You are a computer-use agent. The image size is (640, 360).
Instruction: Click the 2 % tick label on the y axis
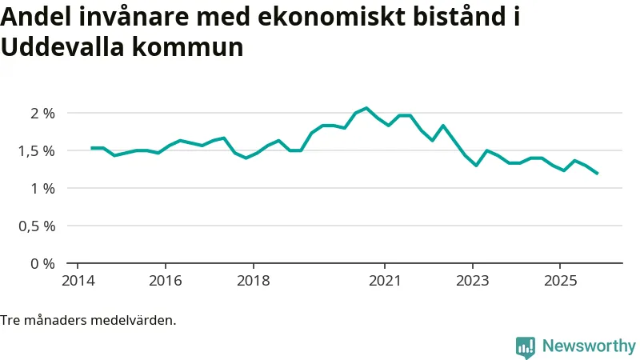(42, 113)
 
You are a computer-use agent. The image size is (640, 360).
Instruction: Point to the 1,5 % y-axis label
(37, 150)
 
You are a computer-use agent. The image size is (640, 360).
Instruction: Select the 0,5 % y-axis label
(37, 226)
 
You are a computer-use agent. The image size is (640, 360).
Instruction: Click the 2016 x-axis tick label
(165, 281)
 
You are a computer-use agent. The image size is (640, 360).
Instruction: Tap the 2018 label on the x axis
(253, 281)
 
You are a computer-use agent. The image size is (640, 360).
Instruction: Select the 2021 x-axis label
(385, 281)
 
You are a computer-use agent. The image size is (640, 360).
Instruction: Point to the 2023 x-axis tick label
(473, 281)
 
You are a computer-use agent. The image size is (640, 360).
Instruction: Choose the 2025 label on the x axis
(560, 281)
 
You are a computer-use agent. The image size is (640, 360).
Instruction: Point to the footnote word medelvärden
(134, 320)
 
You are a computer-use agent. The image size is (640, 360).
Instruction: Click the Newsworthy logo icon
(526, 346)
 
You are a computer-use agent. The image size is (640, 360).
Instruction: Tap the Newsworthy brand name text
(589, 346)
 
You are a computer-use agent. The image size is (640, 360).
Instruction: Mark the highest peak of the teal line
(366, 108)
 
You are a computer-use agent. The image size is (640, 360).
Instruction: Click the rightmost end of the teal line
(597, 173)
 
